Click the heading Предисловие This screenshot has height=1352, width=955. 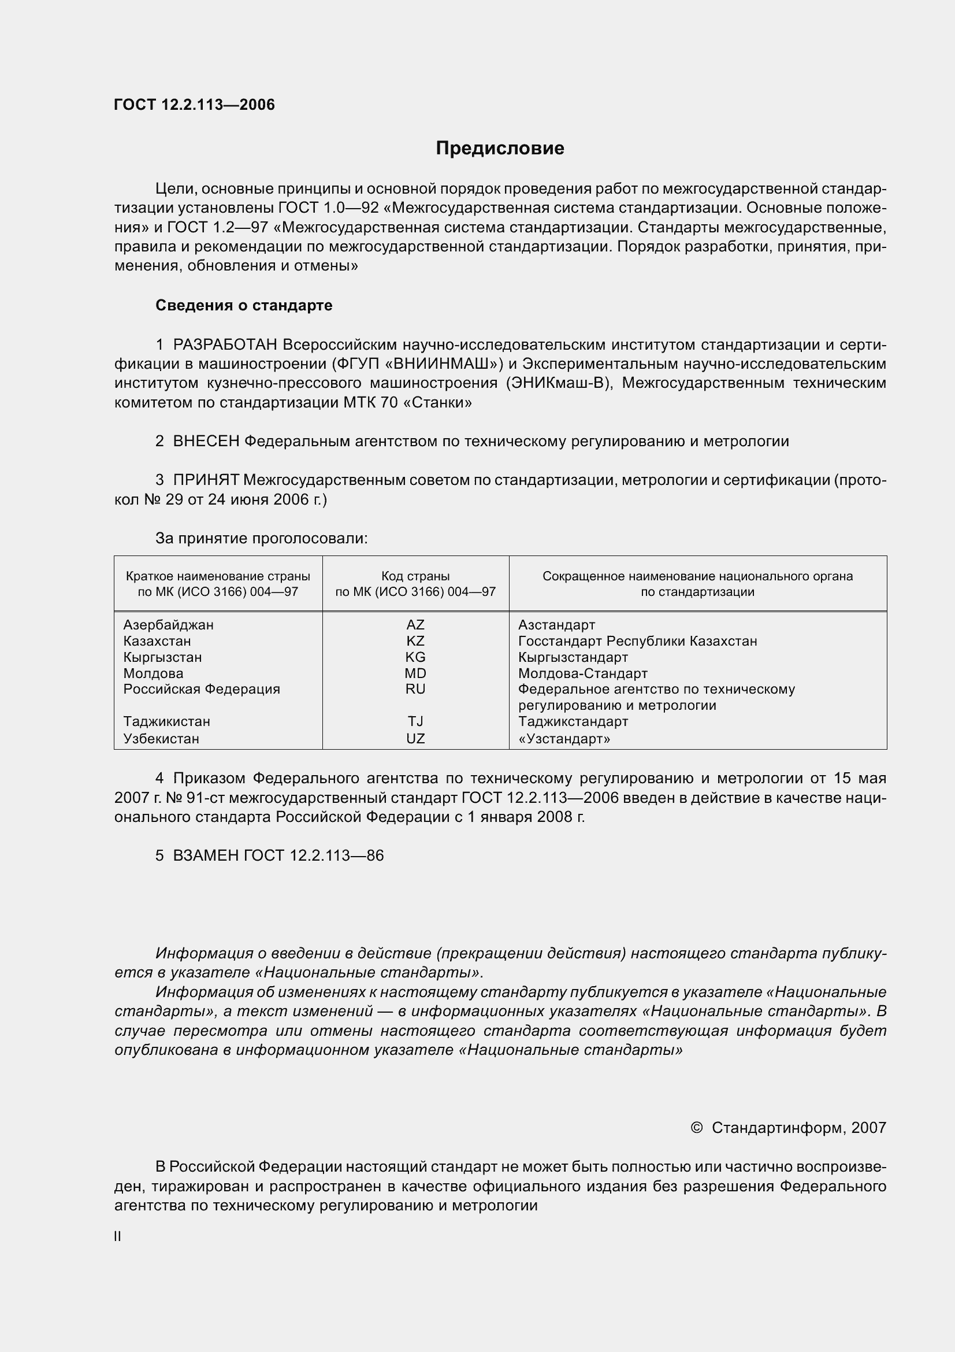pos(500,148)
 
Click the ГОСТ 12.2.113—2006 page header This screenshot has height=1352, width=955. pos(194,105)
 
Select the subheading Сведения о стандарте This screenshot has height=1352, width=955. pos(244,305)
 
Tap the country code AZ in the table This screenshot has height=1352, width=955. pos(415,625)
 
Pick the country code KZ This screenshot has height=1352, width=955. pos(415,640)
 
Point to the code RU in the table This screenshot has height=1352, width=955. pos(415,689)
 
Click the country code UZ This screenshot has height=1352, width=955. pos(415,738)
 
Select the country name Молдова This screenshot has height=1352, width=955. pos(153,673)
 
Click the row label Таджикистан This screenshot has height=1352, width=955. pos(166,721)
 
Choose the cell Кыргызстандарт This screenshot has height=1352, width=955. pos(573,657)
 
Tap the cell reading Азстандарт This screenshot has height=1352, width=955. pos(556,625)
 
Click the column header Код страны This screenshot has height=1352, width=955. pos(415,576)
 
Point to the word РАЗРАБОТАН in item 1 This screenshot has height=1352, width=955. pos(225,345)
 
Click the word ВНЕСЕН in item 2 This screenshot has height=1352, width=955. pos(206,441)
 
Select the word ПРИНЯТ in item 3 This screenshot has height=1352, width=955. pos(206,480)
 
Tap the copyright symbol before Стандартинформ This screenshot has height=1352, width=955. pos(696,1128)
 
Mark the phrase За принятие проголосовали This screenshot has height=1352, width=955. pos(261,538)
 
